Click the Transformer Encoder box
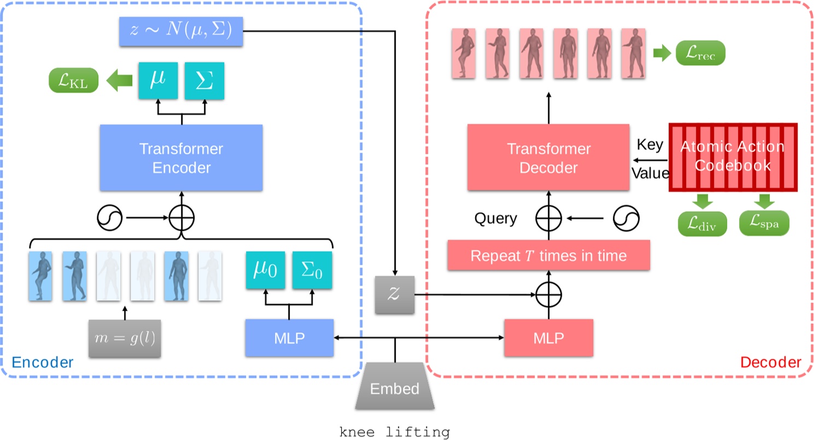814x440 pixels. coord(181,157)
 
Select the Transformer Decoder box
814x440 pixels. coord(548,157)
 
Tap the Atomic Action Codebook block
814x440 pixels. coord(733,157)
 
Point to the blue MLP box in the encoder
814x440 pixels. coord(289,338)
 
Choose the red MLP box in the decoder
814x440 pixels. coord(548,338)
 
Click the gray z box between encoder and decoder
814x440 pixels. coord(394,295)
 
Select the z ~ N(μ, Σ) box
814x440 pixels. coord(181,31)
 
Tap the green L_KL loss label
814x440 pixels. coord(74,81)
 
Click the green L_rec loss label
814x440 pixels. coord(701,53)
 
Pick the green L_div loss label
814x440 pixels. coord(702,223)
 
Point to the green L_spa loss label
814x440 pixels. coord(764,223)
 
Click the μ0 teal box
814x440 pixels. coord(266,271)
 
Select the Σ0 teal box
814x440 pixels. coord(312,271)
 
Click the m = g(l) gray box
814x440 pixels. coord(125,338)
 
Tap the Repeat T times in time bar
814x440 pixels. coord(548,255)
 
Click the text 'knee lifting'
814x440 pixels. coord(395,432)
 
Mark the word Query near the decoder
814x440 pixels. coord(495,219)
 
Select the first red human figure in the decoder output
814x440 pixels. coord(464,54)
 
